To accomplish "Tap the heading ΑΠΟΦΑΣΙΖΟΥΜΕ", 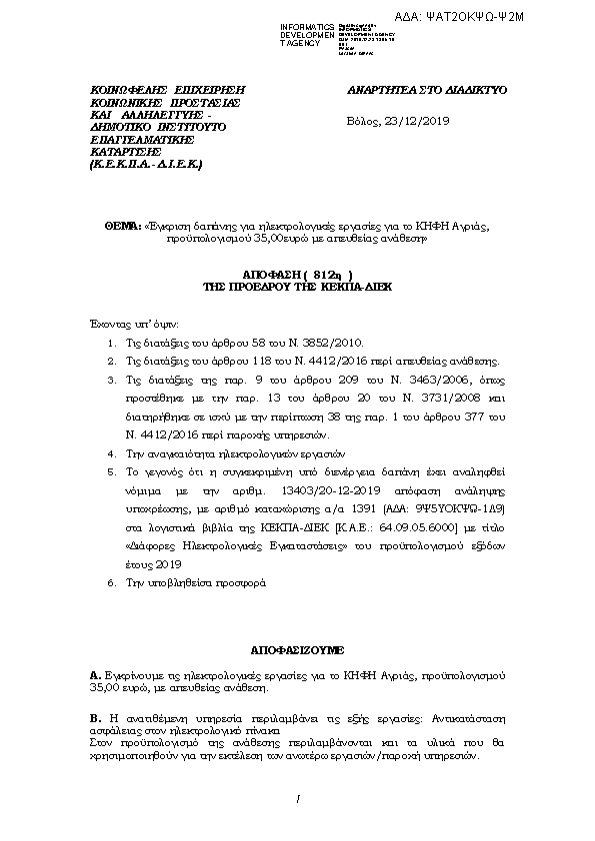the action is click(x=297, y=648).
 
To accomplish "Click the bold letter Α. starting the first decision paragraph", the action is click(x=95, y=676).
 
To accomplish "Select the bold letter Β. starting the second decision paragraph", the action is click(x=95, y=718).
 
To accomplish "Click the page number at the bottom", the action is click(x=298, y=798).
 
